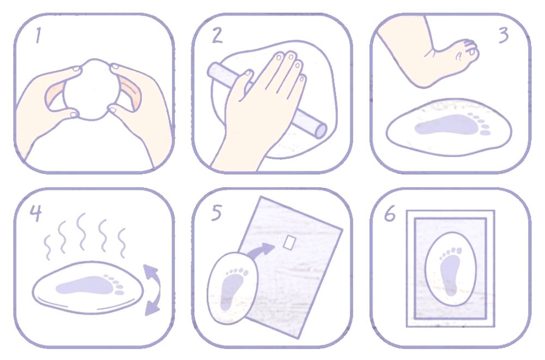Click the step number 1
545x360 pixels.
pyautogui.click(x=38, y=36)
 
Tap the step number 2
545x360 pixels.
pyautogui.click(x=217, y=35)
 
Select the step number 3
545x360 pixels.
pyautogui.click(x=504, y=35)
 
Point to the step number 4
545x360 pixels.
pyautogui.click(x=35, y=213)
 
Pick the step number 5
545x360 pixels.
pyautogui.click(x=216, y=213)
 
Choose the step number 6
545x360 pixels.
pyautogui.click(x=390, y=214)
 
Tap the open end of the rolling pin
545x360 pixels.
pyautogui.click(x=320, y=131)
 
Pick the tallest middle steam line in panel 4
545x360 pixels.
pyautogui.click(x=82, y=232)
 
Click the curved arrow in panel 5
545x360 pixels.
pyautogui.click(x=262, y=251)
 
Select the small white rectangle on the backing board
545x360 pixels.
pyautogui.click(x=289, y=242)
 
